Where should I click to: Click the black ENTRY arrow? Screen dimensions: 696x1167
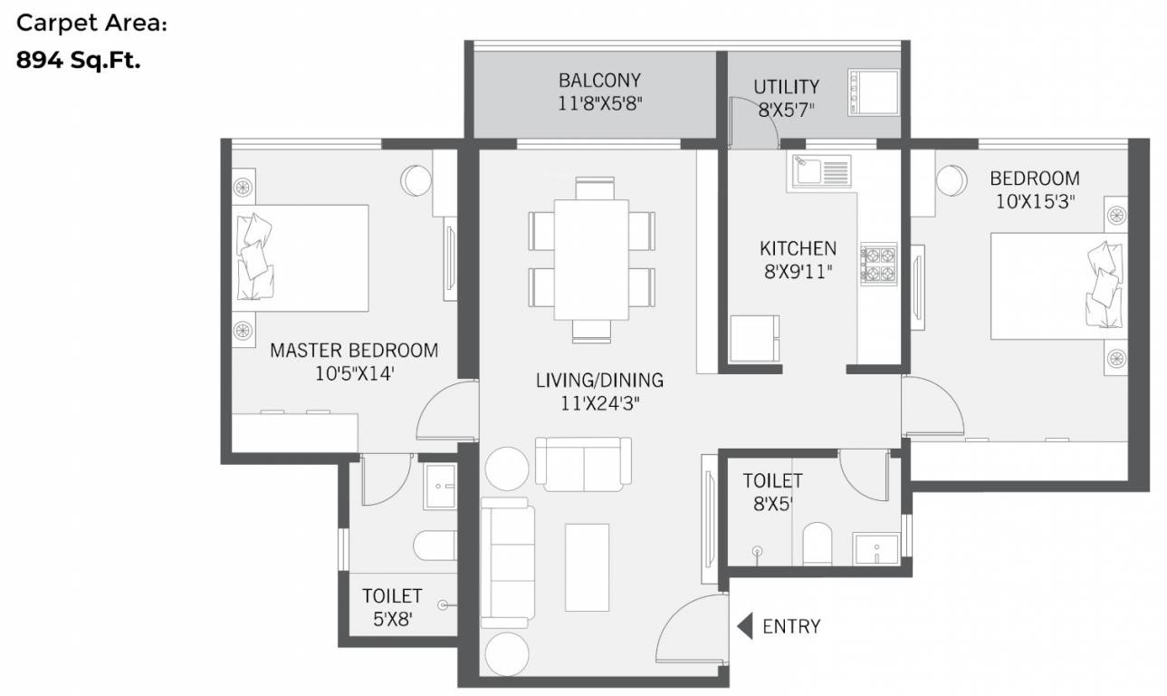[745, 626]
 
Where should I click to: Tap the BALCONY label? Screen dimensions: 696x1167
[599, 79]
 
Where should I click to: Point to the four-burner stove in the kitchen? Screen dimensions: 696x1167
[877, 264]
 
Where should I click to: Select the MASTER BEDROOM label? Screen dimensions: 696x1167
[354, 350]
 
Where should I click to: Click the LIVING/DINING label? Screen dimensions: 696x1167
[599, 380]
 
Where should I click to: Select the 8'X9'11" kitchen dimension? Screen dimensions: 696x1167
[797, 270]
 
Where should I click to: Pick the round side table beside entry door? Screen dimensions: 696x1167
[505, 652]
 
